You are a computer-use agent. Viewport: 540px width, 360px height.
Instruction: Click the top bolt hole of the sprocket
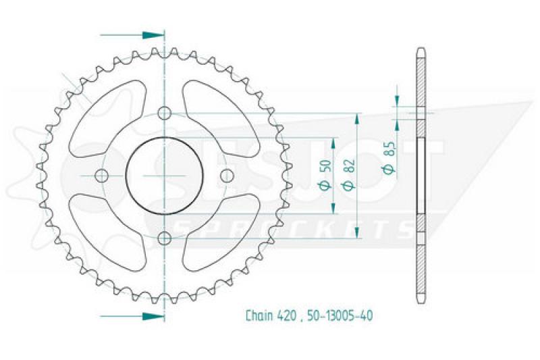point(165,113)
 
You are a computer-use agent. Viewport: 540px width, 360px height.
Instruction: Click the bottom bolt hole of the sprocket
point(165,238)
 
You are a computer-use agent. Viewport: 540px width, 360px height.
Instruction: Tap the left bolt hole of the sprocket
point(101,176)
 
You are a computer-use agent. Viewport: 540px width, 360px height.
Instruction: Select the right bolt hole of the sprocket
point(227,176)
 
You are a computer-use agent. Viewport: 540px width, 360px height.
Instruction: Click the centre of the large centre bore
point(165,176)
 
